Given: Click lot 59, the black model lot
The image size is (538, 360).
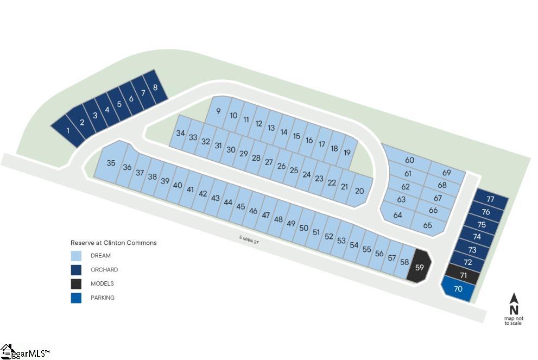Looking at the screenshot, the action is click(419, 266).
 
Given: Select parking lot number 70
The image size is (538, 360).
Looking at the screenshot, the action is click(458, 289).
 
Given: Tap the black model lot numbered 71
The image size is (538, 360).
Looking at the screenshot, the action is click(463, 275).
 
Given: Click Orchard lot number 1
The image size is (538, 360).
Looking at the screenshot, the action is click(68, 130).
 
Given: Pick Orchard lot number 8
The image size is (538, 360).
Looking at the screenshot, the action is click(155, 87).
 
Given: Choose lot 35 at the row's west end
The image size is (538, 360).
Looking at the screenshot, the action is click(111, 162).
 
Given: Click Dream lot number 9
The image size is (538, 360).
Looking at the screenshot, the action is click(218, 111).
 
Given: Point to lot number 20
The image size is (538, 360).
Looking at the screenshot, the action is click(359, 191).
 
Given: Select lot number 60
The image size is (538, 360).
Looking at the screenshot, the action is click(409, 160).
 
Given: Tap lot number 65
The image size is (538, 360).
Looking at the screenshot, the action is click(427, 225).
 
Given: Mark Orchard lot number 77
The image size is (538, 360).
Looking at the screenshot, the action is click(490, 199).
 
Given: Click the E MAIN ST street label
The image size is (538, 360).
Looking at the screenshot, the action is click(249, 240).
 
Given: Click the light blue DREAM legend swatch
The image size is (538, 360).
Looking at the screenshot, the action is click(76, 256).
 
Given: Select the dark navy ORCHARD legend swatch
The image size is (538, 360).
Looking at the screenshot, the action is click(76, 270).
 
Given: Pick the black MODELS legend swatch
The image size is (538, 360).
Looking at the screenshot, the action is click(76, 284).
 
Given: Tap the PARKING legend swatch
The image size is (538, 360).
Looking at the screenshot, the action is click(76, 298).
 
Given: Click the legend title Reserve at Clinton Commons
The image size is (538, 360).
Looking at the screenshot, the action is click(113, 243).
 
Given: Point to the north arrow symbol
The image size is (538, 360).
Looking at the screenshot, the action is click(514, 304).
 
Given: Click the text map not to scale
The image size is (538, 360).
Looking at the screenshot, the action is click(514, 320).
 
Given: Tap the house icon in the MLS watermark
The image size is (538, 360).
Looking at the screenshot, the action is click(7, 351).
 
